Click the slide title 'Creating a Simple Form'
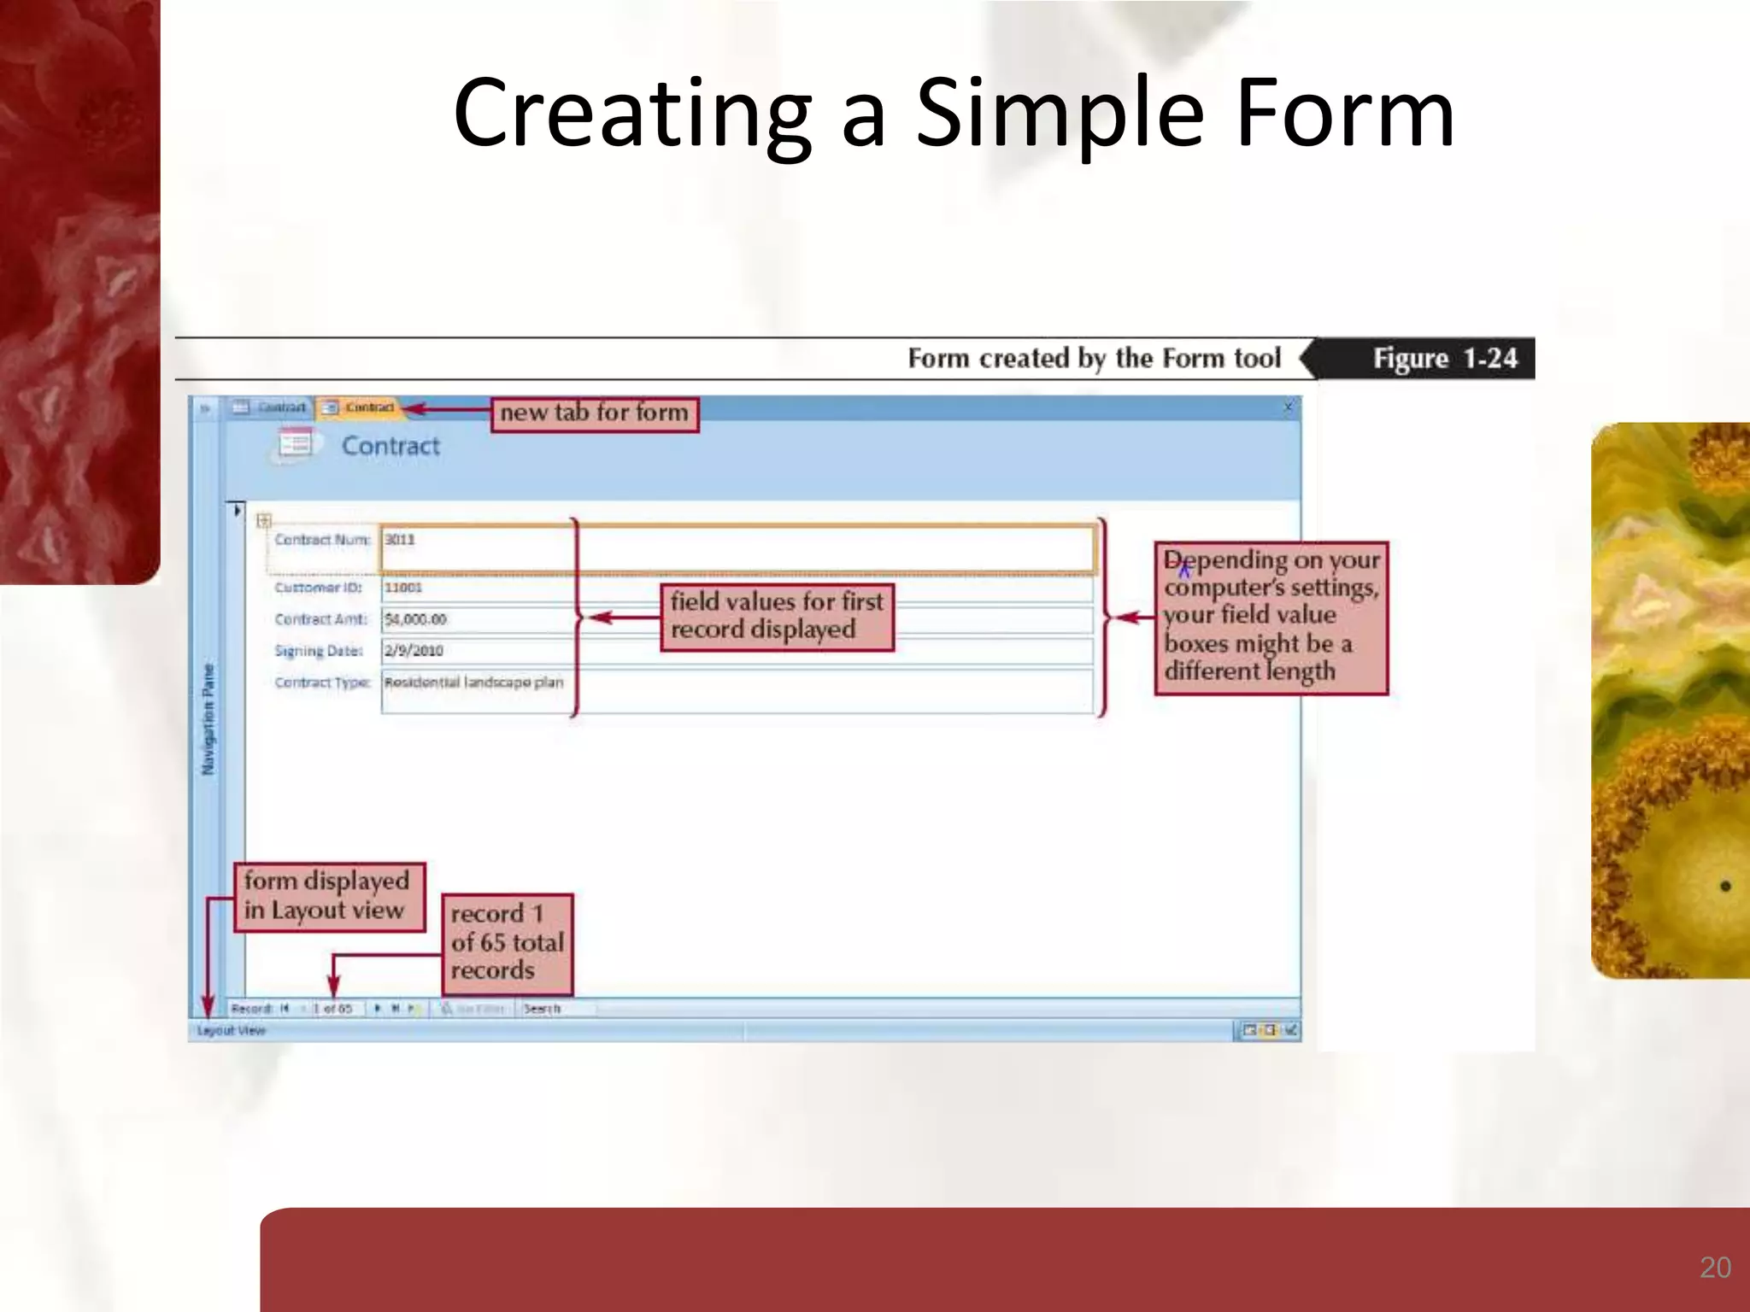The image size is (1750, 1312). (954, 114)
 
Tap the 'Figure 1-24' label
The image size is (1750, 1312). (1444, 358)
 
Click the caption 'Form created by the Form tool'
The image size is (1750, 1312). (1094, 358)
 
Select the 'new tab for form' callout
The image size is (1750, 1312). (594, 414)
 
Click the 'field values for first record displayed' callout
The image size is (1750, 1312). (777, 617)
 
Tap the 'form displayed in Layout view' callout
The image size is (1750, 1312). (328, 896)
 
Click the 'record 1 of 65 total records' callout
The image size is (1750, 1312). (507, 943)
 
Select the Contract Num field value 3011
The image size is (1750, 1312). (400, 540)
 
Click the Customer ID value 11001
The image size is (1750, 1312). (403, 588)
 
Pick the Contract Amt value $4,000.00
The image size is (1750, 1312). (415, 619)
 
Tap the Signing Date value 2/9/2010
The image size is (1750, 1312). (414, 651)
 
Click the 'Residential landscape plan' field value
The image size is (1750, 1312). (473, 682)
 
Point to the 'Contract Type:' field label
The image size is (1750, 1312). (322, 682)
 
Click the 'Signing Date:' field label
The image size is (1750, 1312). (319, 651)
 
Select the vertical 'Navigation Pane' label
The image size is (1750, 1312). (208, 719)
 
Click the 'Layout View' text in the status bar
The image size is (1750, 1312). (232, 1031)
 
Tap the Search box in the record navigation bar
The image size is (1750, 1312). (555, 1009)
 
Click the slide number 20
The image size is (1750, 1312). (1715, 1267)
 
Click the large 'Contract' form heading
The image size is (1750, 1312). (391, 446)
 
